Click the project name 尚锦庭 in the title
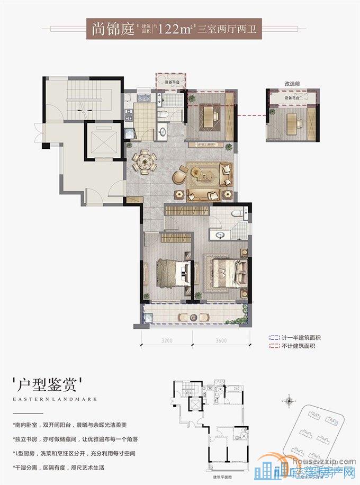(x=112, y=29)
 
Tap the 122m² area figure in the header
(x=172, y=29)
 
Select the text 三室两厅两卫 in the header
(x=226, y=30)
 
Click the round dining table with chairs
(x=145, y=161)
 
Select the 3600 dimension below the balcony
(x=221, y=340)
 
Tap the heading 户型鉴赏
(x=48, y=382)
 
